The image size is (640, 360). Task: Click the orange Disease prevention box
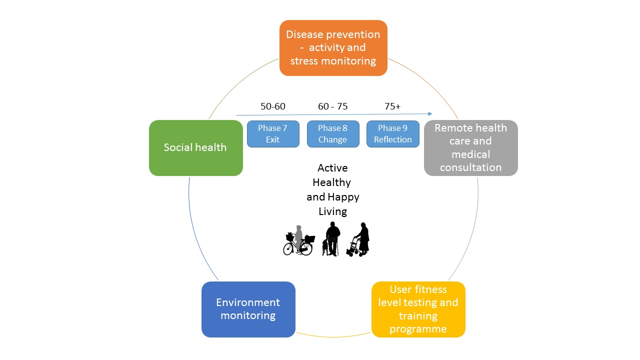333,47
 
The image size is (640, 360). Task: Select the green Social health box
196,147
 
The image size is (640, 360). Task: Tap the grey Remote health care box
471,147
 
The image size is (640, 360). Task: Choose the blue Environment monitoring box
248,309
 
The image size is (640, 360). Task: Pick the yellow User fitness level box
418,309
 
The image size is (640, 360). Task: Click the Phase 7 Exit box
273,134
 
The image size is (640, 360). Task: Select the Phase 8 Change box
333,134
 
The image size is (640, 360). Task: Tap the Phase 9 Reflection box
393,134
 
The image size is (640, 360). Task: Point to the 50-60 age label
273,106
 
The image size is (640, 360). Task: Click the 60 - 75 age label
333,106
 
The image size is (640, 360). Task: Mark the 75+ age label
392,106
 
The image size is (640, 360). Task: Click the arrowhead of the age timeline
430,113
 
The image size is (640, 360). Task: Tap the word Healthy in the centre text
331,182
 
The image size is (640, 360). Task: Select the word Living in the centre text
333,211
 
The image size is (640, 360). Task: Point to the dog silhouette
325,247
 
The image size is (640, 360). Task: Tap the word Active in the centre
332,168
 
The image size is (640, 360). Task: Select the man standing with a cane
332,239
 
